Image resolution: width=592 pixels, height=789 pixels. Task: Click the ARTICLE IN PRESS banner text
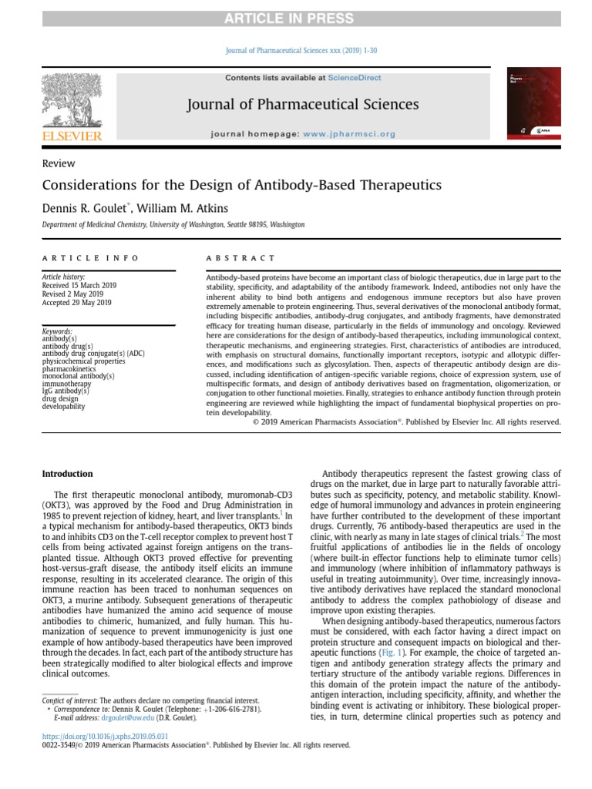coord(295,18)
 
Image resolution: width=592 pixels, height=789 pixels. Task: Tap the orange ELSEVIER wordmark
coord(70,136)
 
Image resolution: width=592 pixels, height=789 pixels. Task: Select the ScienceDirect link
coord(354,78)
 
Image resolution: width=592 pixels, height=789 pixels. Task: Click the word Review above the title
coord(59,163)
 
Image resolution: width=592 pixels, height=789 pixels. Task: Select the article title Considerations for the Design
coord(241,186)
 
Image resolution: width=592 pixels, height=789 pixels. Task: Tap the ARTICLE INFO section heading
coord(91,258)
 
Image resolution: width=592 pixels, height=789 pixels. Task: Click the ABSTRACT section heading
coord(241,258)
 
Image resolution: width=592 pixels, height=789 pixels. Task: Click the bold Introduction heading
coord(67,474)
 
